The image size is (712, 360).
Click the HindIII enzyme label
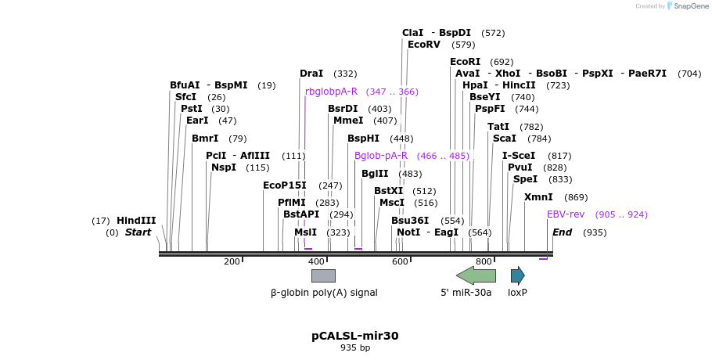tap(136, 221)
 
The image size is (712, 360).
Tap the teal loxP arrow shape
tap(517, 275)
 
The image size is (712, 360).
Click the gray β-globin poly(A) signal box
tap(323, 275)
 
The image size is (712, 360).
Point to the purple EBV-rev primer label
tap(565, 214)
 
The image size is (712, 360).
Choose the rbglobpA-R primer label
tap(331, 92)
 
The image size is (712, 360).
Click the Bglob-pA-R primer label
tap(381, 156)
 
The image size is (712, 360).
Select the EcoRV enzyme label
tap(424, 45)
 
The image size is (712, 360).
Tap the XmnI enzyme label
tap(538, 197)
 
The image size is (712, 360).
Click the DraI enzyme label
tap(311, 74)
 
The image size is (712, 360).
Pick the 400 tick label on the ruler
tap(316, 261)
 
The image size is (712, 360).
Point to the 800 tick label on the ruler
tap(484, 261)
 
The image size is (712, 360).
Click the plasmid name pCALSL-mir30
tap(355, 336)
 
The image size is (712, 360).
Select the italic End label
tap(562, 232)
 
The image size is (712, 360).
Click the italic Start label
tap(138, 232)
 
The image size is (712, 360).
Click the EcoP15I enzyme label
tap(285, 185)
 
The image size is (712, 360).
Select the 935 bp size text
tap(355, 347)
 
